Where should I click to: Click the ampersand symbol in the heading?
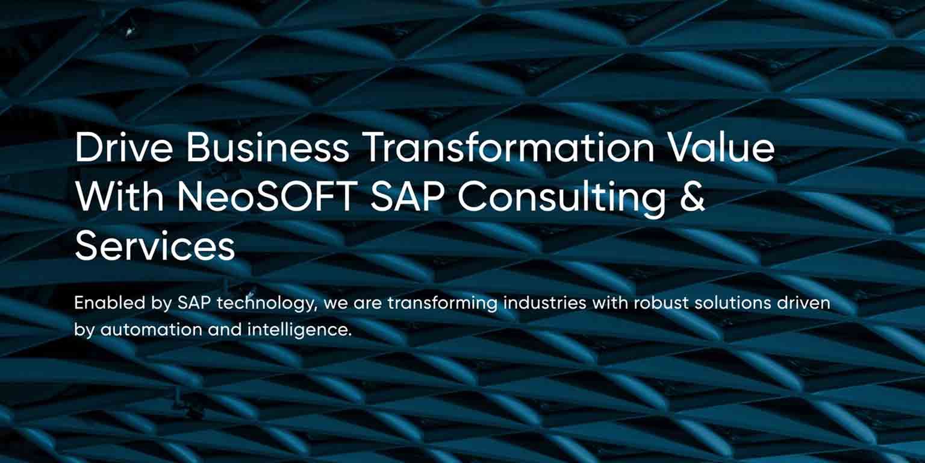coord(693,198)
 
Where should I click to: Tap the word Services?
coord(155,247)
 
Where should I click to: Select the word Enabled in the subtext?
coord(103,303)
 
